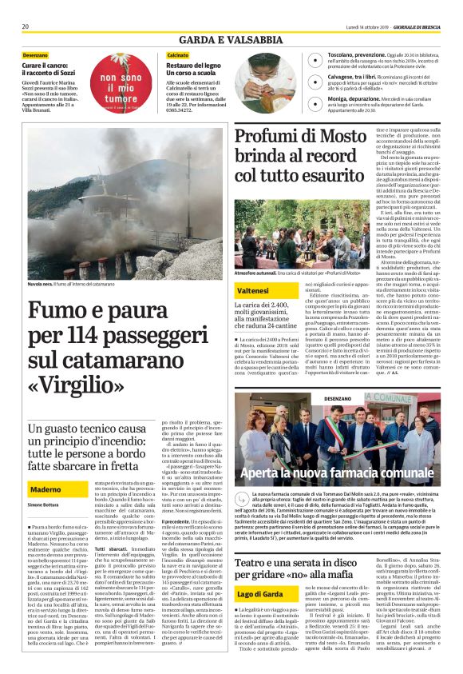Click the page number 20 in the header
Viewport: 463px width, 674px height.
(26, 26)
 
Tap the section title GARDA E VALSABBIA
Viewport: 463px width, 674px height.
(230, 39)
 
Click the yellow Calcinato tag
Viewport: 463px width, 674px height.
(178, 54)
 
